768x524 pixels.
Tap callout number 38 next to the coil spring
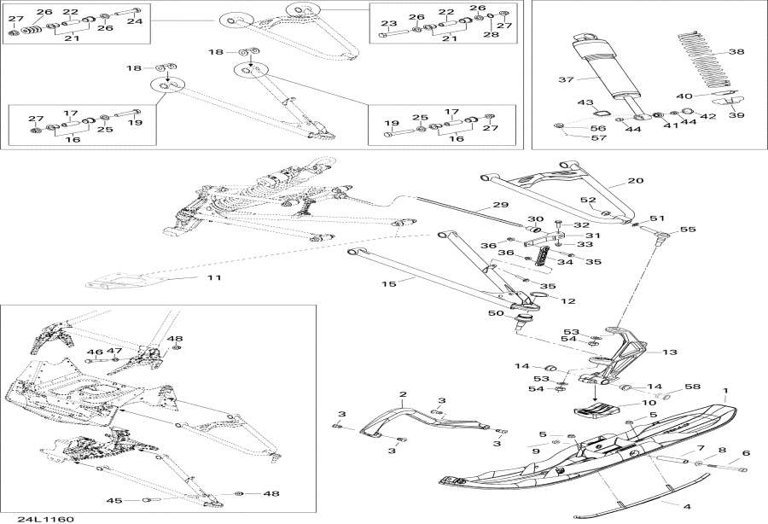coord(736,52)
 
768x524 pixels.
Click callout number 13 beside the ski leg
coord(670,351)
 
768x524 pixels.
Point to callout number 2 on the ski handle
coord(403,394)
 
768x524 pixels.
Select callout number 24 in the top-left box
coord(133,21)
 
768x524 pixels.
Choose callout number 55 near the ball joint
coord(688,230)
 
